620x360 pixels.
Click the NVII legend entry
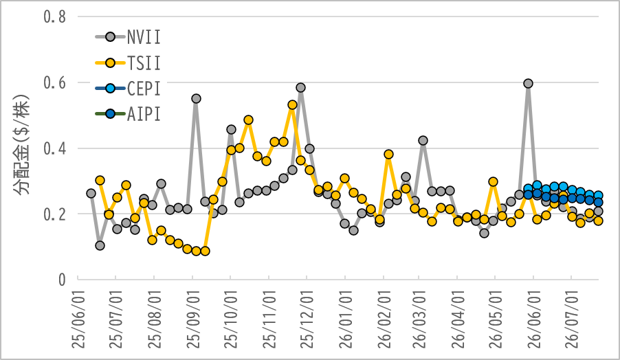click(x=128, y=37)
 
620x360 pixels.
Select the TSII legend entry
click(x=128, y=63)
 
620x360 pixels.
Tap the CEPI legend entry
click(x=128, y=89)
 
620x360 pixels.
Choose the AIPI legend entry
click(x=128, y=114)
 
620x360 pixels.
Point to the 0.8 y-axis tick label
click(x=54, y=17)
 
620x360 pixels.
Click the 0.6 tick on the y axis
click(x=54, y=83)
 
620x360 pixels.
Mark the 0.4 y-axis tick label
click(x=54, y=148)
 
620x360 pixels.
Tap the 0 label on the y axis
click(x=62, y=280)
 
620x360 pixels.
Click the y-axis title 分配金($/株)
click(x=22, y=145)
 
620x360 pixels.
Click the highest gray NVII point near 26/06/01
click(x=528, y=83)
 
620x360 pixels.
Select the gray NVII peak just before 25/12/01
click(x=300, y=87)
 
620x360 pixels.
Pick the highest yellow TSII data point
click(x=292, y=104)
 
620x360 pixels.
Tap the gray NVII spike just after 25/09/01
click(x=196, y=98)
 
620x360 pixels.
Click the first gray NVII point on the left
click(x=91, y=193)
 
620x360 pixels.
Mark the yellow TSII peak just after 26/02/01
click(x=388, y=154)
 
